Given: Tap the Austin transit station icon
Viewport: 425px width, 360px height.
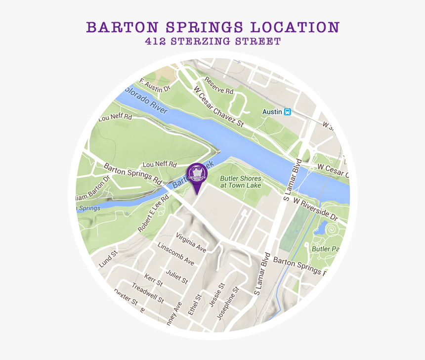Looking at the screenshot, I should (x=287, y=112).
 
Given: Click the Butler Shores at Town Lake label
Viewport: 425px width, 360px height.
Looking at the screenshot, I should (x=241, y=181).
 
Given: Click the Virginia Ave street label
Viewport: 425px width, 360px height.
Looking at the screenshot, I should (x=191, y=242).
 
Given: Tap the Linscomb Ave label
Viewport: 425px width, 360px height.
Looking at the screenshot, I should (x=176, y=253).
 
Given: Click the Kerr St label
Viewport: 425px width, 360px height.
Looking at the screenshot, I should (x=154, y=280).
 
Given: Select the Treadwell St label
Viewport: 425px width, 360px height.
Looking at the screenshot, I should (x=148, y=292).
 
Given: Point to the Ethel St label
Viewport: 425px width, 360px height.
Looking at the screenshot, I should (x=199, y=305).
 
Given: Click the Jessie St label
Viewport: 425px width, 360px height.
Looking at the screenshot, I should (x=217, y=295).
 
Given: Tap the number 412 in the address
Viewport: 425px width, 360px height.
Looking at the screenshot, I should (x=155, y=42).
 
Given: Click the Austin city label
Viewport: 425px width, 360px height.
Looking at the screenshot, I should (x=272, y=112).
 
